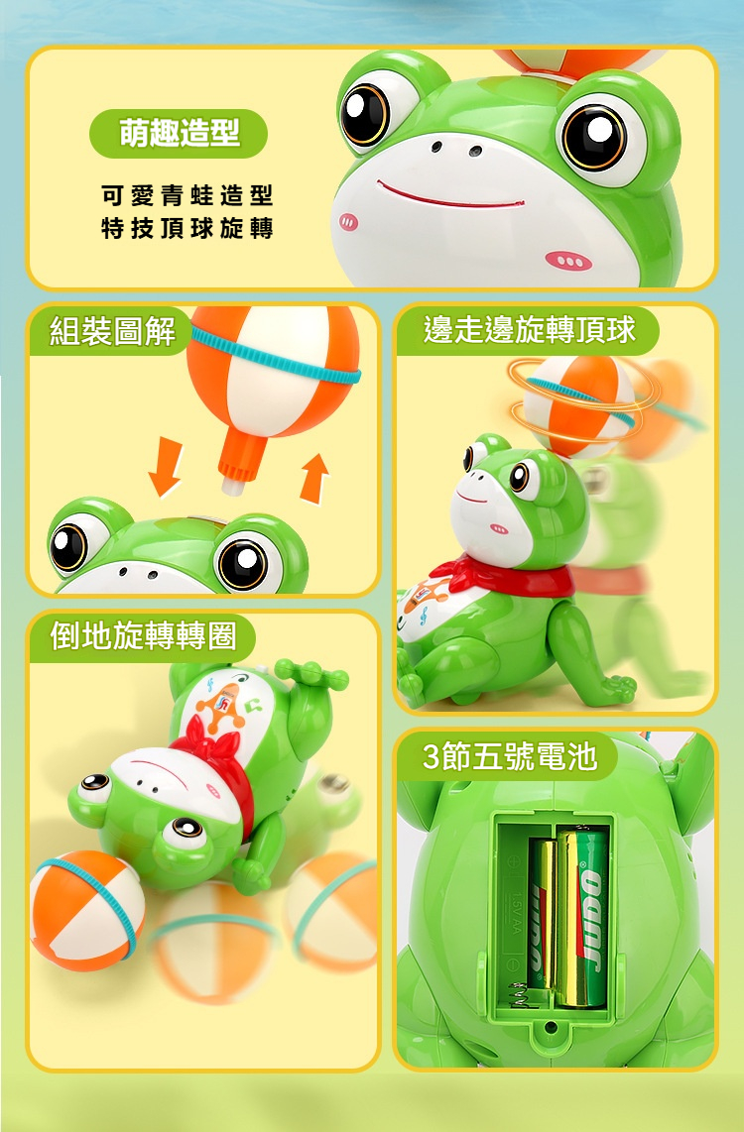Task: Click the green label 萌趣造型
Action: click(179, 134)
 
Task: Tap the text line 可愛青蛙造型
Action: click(187, 195)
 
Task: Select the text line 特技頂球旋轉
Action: click(187, 228)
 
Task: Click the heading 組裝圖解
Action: click(112, 331)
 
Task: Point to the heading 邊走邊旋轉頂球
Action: click(530, 330)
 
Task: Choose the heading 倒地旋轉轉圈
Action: click(143, 636)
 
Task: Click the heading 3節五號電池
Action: click(510, 756)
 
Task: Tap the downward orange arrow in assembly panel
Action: click(166, 467)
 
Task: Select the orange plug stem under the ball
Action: click(241, 462)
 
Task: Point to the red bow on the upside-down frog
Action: click(216, 758)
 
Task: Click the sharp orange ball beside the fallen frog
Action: click(85, 911)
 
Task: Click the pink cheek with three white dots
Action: click(569, 261)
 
